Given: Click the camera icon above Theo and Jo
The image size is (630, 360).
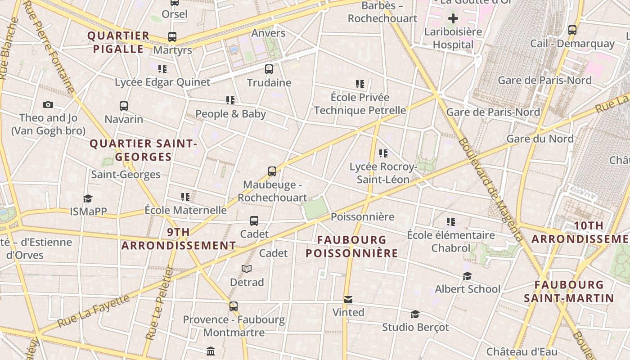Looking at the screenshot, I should tap(48, 105).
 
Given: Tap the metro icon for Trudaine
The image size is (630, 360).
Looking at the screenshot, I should tap(269, 69).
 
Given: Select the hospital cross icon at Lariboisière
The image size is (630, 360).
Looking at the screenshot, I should tap(453, 18).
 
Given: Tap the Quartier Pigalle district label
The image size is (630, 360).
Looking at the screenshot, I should tap(118, 42).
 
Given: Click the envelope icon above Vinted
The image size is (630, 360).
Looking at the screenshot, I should tap(348, 299).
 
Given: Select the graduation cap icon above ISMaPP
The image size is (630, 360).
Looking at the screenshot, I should tap(88, 198).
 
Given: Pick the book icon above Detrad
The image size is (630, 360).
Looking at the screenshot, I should tap(247, 269).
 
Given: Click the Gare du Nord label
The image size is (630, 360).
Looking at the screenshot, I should tap(540, 139).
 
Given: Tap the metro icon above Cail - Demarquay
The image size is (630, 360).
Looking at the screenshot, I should tap(572, 30).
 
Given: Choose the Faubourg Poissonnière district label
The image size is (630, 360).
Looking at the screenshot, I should tap(352, 246).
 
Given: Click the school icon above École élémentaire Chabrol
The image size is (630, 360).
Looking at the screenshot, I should tap(451, 222).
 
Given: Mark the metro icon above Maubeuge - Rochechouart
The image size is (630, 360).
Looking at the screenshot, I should tap(272, 171).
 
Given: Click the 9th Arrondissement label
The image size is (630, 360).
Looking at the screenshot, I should tap(178, 239).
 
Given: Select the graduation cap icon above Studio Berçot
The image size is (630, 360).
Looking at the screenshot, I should tap(415, 314).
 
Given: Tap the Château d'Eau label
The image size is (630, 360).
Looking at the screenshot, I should tap(522, 351).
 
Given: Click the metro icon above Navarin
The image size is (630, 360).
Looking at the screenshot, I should tap(124, 106).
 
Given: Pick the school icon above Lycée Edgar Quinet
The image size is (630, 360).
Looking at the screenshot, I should tap(162, 69).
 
